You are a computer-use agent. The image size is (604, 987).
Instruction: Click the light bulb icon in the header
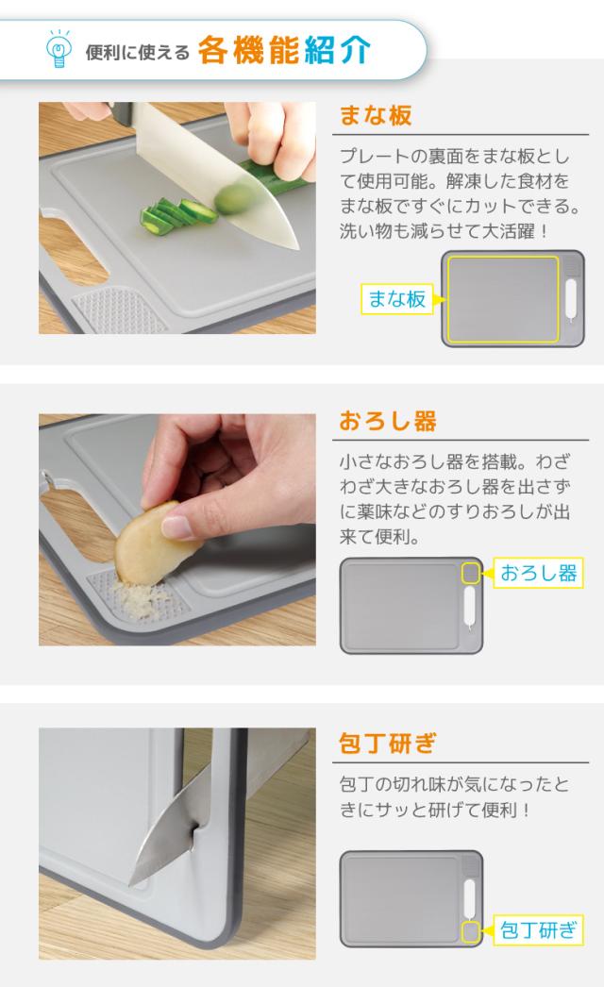point(59,49)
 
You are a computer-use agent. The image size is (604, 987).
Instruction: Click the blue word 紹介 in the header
point(337,49)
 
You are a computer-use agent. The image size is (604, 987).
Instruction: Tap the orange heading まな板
point(376,117)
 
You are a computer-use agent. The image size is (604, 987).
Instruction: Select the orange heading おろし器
point(388,421)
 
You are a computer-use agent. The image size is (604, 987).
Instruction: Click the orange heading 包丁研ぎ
point(388,743)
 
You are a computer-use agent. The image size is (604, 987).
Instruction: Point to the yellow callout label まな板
point(396,300)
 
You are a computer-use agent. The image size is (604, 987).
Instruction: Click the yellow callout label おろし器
point(538,573)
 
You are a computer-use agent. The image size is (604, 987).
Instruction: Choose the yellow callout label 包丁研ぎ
point(538,931)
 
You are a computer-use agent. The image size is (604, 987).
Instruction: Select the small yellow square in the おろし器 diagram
point(470,573)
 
